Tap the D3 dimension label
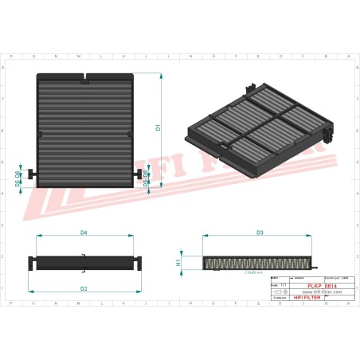point(260,233)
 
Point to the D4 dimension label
point(84,233)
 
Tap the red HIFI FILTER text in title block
point(309,299)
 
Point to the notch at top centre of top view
point(85,78)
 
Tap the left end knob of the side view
point(31,261)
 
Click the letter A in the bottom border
point(347,304)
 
